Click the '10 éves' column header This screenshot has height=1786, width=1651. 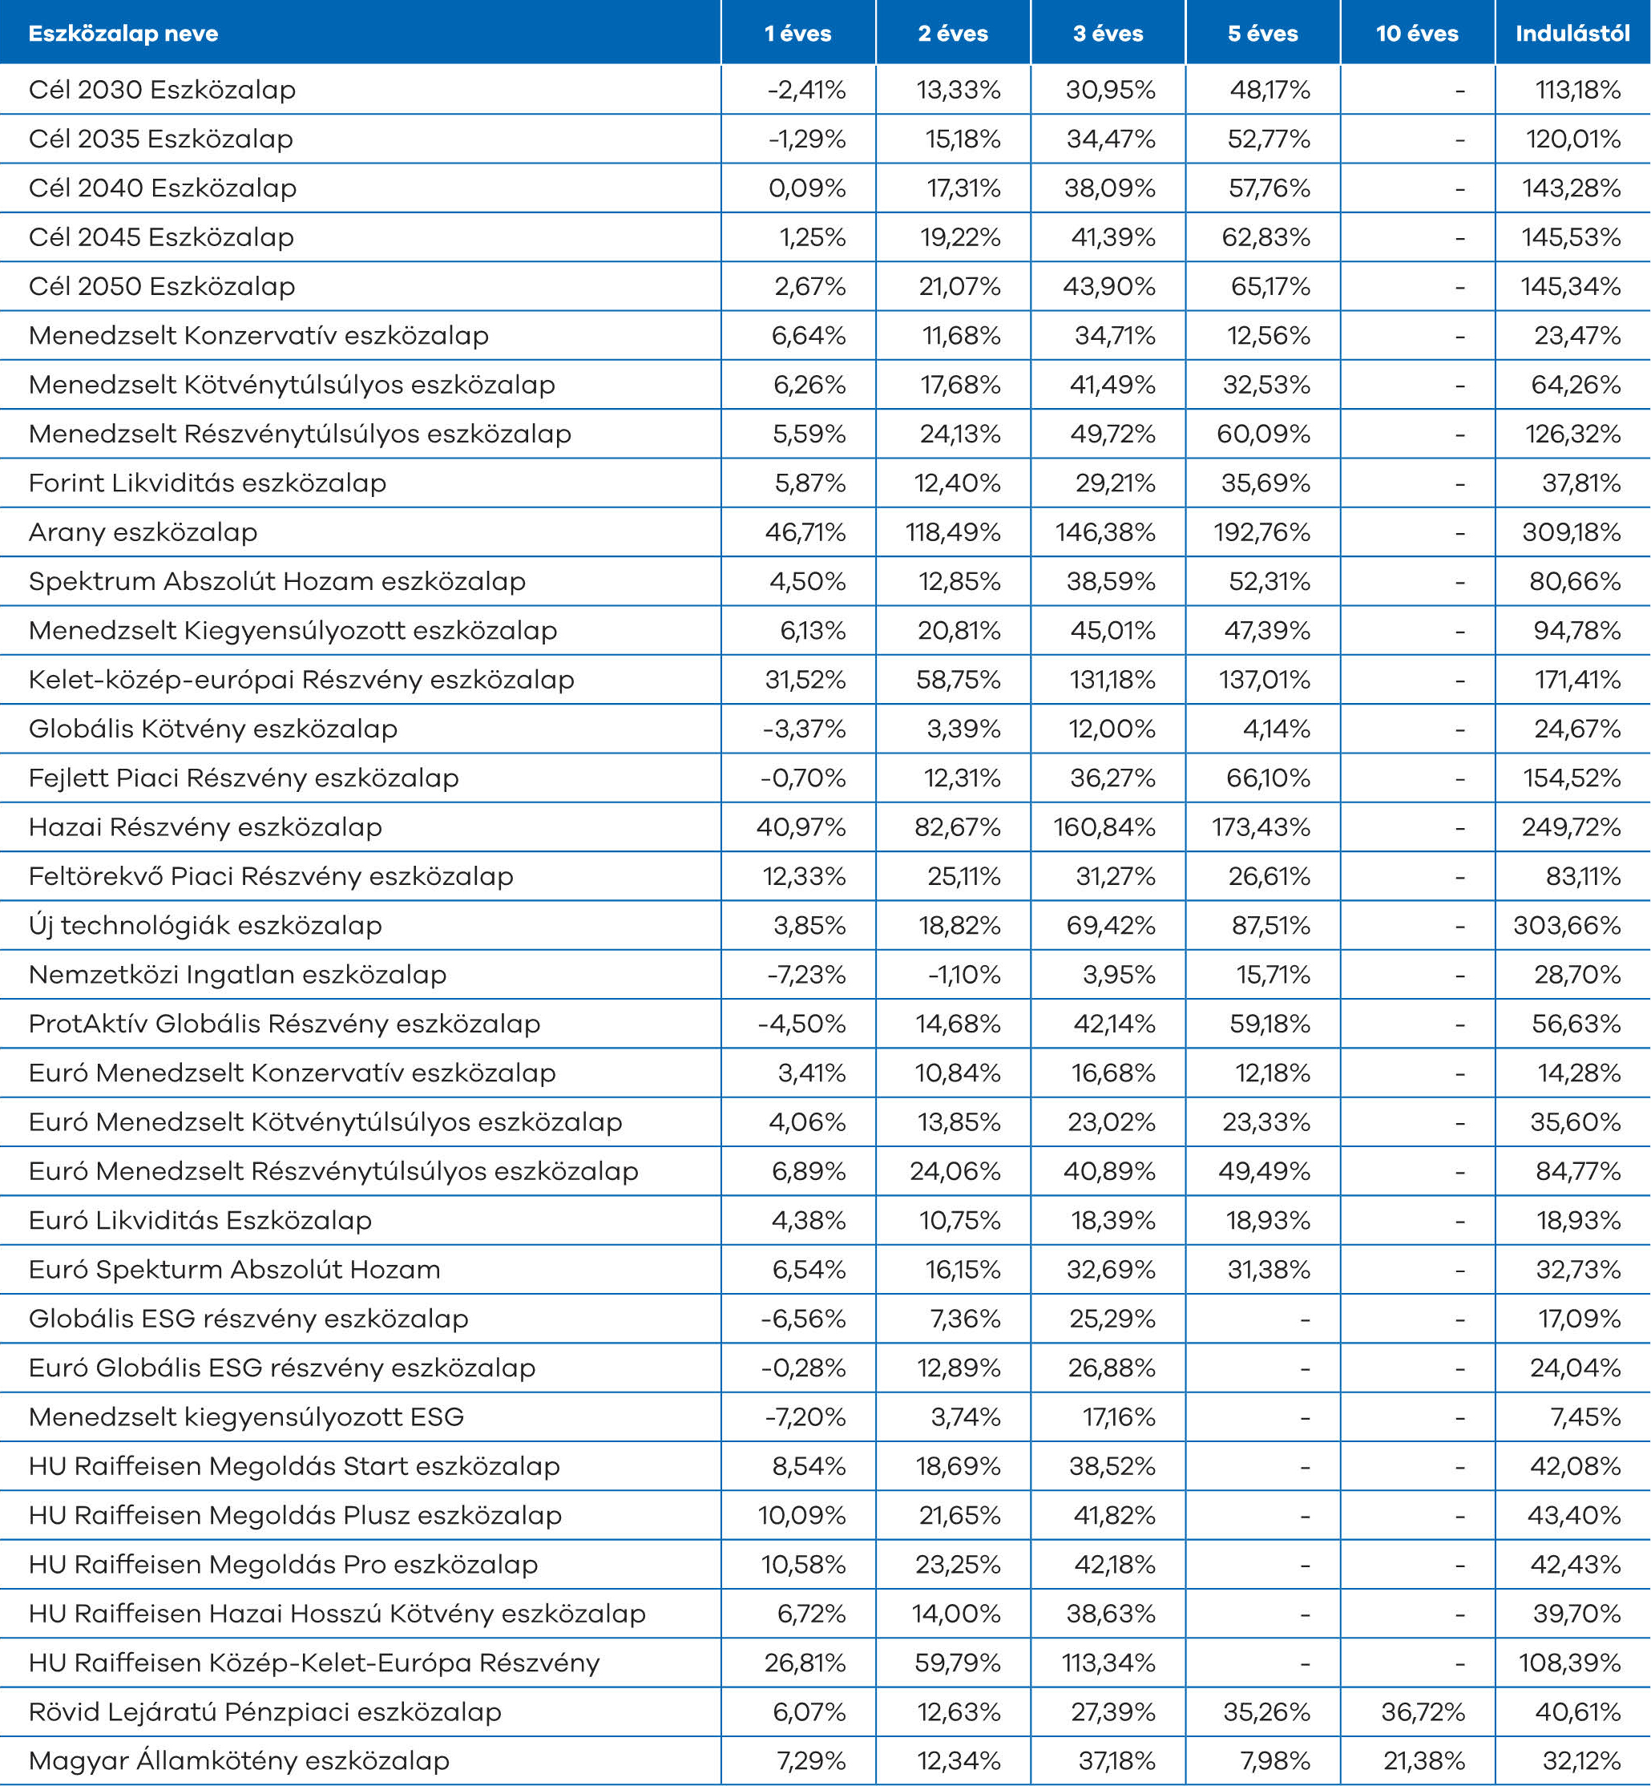pyautogui.click(x=1417, y=34)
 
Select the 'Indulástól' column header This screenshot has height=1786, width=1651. pyautogui.click(x=1572, y=34)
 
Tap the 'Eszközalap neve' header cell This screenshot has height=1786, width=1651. pyautogui.click(x=123, y=34)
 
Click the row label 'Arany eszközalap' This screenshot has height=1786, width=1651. pyautogui.click(x=143, y=532)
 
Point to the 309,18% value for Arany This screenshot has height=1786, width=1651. pyautogui.click(x=1572, y=532)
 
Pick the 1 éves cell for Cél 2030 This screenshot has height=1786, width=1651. pyautogui.click(x=805, y=91)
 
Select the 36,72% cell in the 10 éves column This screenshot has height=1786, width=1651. pyautogui.click(x=1423, y=1711)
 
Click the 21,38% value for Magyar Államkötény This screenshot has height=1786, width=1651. pyautogui.click(x=1424, y=1761)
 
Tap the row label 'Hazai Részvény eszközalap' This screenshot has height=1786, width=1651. pyautogui.click(x=205, y=827)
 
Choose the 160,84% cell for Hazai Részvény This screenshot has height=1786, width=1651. pyautogui.click(x=1104, y=827)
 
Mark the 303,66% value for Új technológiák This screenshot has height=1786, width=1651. pyautogui.click(x=1567, y=926)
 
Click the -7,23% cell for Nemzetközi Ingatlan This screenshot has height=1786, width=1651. pyautogui.click(x=805, y=975)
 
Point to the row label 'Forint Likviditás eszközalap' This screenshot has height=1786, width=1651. pyautogui.click(x=208, y=483)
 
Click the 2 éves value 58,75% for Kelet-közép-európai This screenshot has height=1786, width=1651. pyautogui.click(x=958, y=680)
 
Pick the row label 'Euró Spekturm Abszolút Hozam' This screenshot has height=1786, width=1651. pyautogui.click(x=234, y=1270)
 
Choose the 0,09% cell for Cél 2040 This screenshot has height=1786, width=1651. pyautogui.click(x=807, y=188)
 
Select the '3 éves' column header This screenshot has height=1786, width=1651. pyautogui.click(x=1108, y=34)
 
